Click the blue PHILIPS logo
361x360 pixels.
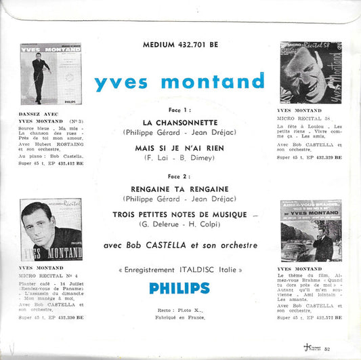pos(179,287)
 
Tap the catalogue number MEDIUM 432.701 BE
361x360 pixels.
pos(179,46)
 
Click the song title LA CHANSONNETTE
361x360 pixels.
pos(179,123)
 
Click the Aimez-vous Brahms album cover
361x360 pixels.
pos(310,231)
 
